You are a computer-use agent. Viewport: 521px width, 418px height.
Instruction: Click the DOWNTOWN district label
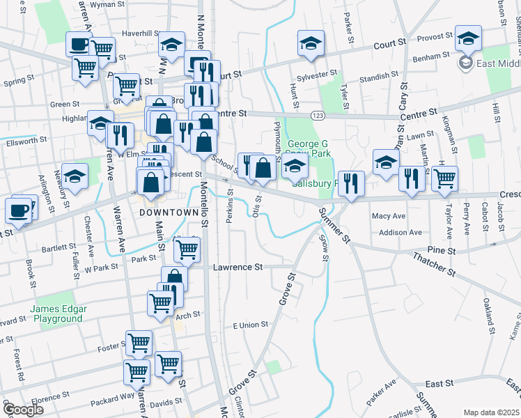[169, 212]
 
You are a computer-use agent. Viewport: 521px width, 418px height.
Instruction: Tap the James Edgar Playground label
[56, 313]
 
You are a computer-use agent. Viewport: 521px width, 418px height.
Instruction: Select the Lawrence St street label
[238, 267]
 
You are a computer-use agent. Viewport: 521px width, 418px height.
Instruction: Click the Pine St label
[441, 250]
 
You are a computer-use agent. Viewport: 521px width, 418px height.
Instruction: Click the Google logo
[22, 409]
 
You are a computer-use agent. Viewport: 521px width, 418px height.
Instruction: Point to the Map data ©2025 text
[491, 412]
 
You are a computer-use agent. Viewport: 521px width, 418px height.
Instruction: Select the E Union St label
[250, 325]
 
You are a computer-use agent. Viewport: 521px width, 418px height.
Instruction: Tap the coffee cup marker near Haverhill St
[79, 45]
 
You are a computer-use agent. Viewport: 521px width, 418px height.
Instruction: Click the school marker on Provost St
[468, 38]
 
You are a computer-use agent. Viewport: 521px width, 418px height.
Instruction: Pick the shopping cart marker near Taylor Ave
[444, 178]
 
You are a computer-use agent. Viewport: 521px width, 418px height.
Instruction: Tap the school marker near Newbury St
[75, 176]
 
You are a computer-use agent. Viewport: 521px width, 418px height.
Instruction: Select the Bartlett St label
[59, 247]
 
